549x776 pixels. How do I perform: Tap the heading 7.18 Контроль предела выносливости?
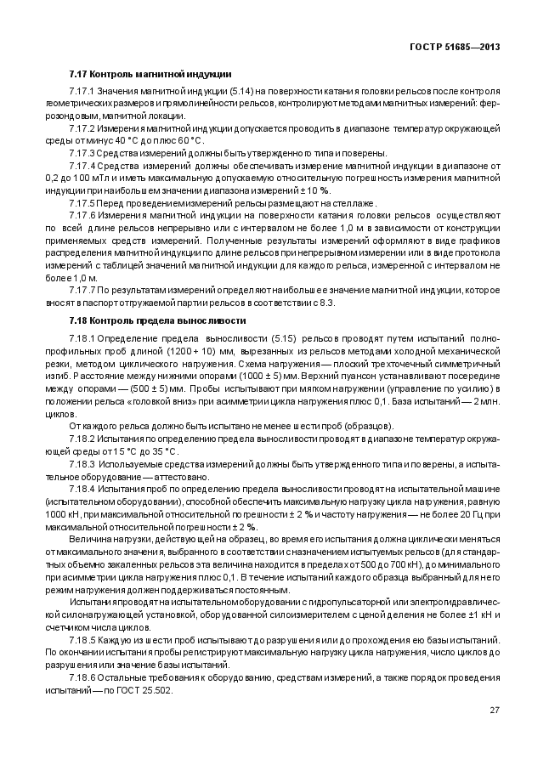tap(156, 320)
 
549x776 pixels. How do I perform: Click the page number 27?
tap(494, 710)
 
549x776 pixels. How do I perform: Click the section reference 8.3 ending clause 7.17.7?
tap(326, 303)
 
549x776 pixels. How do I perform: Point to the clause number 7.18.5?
tap(82, 638)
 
